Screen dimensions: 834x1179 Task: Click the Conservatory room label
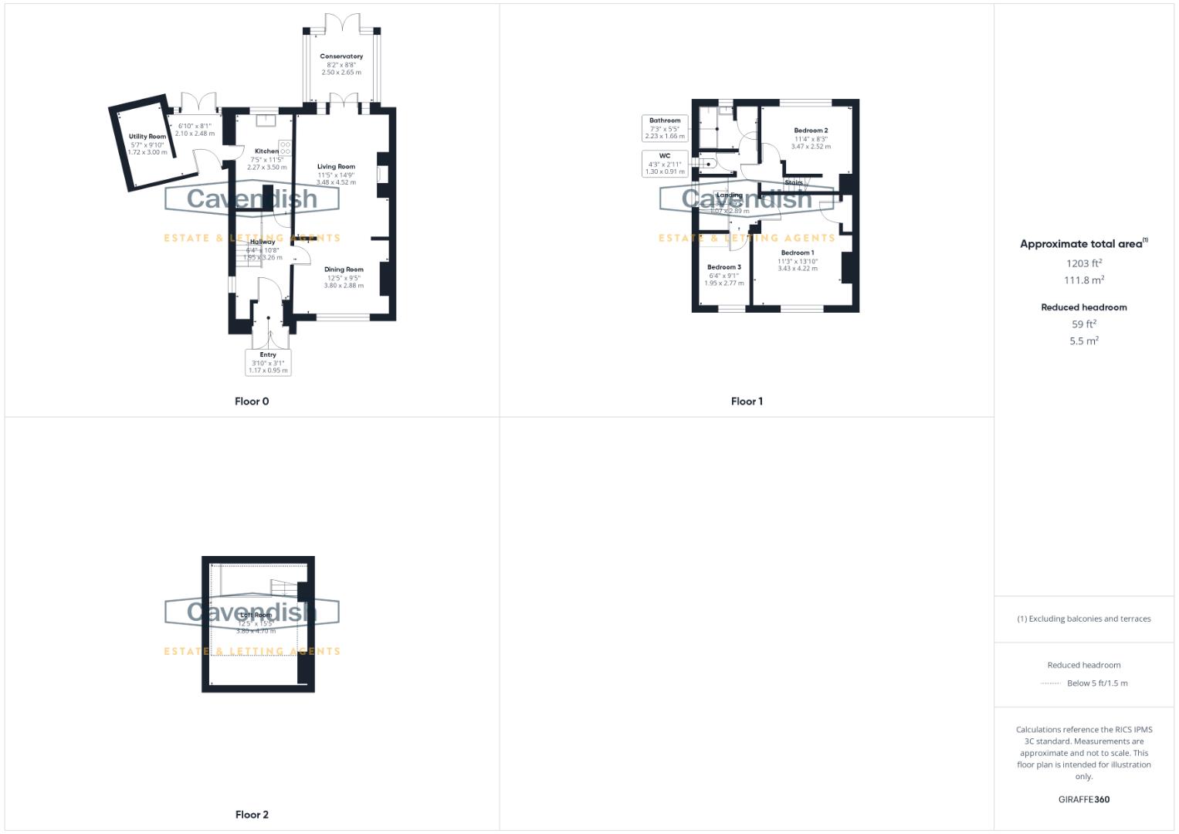pyautogui.click(x=341, y=56)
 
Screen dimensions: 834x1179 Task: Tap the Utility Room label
pyautogui.click(x=147, y=137)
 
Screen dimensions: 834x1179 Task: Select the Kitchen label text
pyautogui.click(x=266, y=151)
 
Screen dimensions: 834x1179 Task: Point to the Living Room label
pyautogui.click(x=336, y=167)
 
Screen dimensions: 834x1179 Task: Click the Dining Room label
pyautogui.click(x=344, y=270)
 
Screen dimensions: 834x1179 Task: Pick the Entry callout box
pyautogui.click(x=268, y=362)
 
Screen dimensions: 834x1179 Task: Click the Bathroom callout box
pyautogui.click(x=665, y=128)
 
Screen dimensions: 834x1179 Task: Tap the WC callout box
pyautogui.click(x=665, y=163)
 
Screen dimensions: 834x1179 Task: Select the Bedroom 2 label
pyautogui.click(x=811, y=131)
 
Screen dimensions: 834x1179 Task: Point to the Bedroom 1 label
pyautogui.click(x=797, y=253)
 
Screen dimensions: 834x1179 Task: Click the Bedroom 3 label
pyautogui.click(x=724, y=267)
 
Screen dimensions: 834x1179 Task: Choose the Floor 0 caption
pyautogui.click(x=252, y=402)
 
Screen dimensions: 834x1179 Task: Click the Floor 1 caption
pyautogui.click(x=747, y=402)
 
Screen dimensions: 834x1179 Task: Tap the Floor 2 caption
pyautogui.click(x=252, y=815)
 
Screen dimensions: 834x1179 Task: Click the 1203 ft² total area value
pyautogui.click(x=1084, y=263)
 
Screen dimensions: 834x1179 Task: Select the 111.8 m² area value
pyautogui.click(x=1084, y=280)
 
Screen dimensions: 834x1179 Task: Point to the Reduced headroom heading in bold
pyautogui.click(x=1084, y=307)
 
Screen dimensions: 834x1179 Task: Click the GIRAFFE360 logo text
pyautogui.click(x=1084, y=800)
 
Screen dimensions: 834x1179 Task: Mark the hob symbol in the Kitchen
pyautogui.click(x=285, y=147)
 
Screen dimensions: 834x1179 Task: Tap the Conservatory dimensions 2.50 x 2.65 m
pyautogui.click(x=341, y=73)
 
